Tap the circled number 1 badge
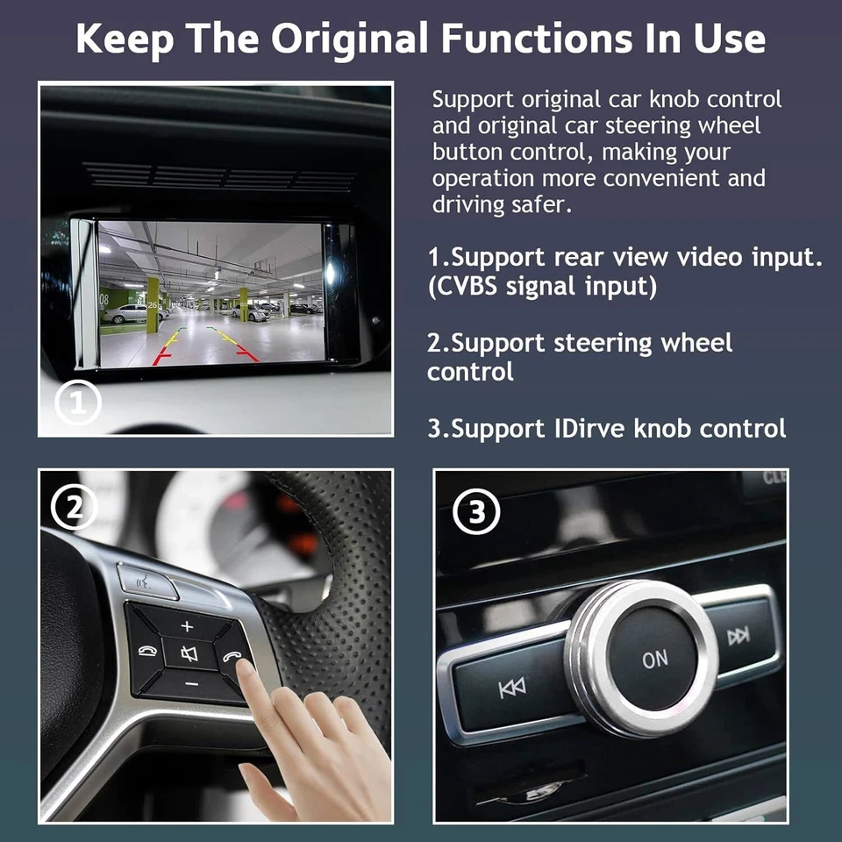click(x=78, y=403)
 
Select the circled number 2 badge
click(x=73, y=507)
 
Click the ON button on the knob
click(x=654, y=659)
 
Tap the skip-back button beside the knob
click(x=512, y=689)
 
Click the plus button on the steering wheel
click(x=186, y=626)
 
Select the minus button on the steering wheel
click(x=192, y=682)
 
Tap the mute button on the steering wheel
click(x=189, y=653)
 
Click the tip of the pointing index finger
click(x=245, y=668)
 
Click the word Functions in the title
click(x=525, y=39)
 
